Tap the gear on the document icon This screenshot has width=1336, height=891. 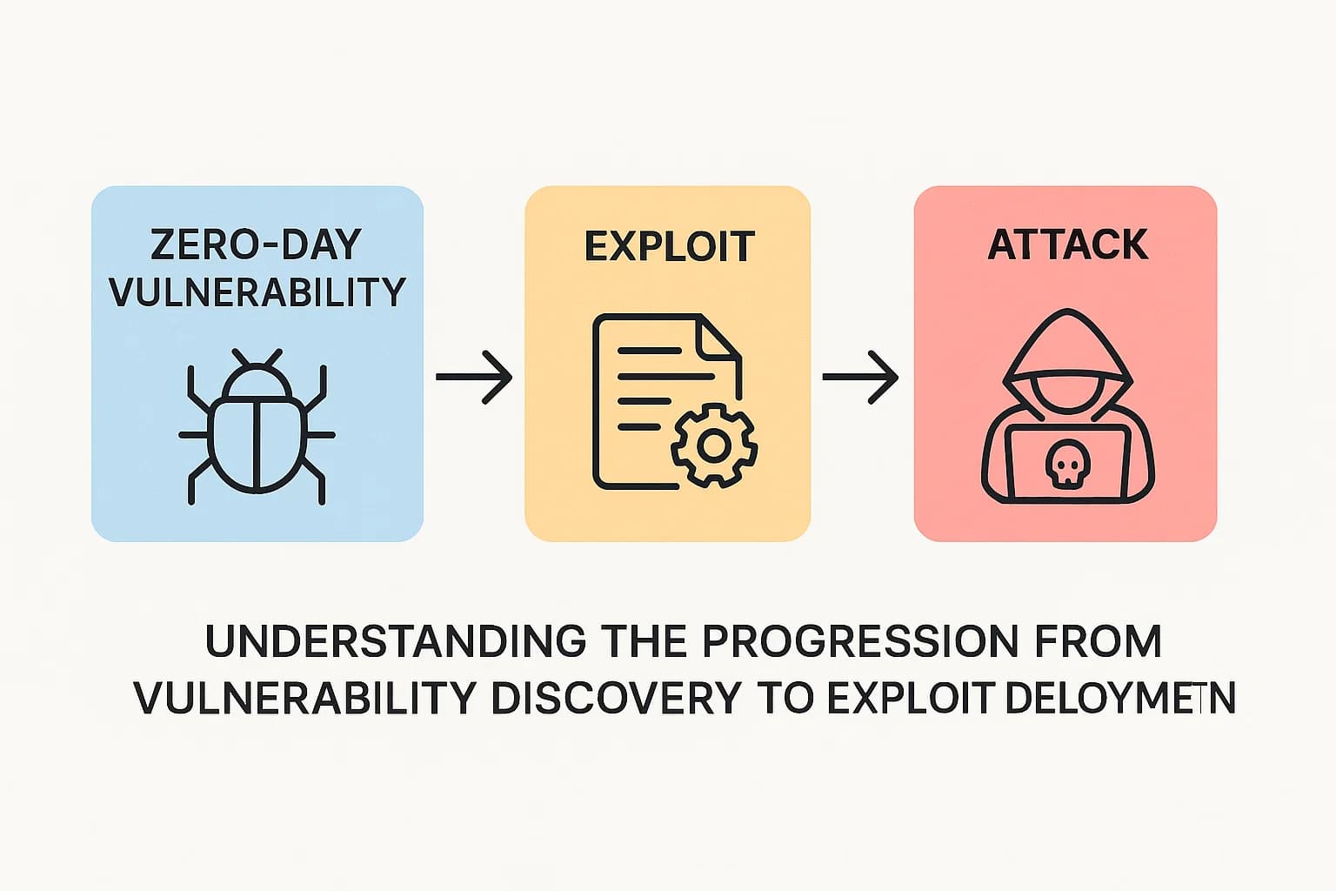[713, 445]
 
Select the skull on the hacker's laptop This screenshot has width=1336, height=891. [1066, 465]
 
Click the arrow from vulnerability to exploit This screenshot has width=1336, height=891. [473, 377]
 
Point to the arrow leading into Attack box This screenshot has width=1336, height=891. [860, 377]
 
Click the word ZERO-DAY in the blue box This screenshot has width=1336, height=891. [256, 245]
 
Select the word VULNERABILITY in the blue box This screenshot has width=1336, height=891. [257, 292]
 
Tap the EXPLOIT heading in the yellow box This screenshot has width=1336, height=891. [669, 246]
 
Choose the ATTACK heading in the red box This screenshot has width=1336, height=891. [1067, 245]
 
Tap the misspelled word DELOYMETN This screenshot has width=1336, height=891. [1119, 698]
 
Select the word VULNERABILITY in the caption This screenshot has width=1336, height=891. [305, 698]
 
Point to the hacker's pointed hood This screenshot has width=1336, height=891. [1067, 335]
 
